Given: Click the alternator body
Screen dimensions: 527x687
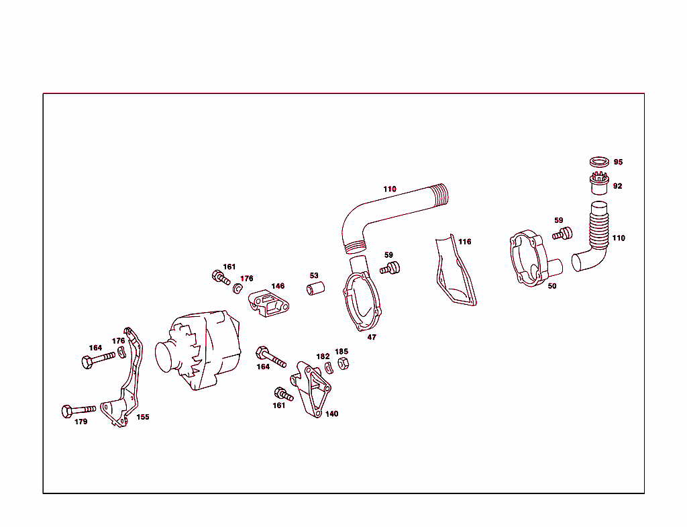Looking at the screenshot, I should click(201, 350).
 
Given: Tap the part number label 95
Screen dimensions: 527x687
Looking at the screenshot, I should click(618, 162).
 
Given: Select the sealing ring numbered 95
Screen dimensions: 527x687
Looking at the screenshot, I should click(599, 162).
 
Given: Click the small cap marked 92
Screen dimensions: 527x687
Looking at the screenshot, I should click(599, 182).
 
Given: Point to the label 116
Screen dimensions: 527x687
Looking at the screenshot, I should click(465, 242).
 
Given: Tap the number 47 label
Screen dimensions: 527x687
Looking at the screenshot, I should click(372, 338).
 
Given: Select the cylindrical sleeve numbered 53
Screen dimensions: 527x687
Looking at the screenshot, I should click(316, 289).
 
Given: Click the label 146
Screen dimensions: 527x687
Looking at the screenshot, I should click(278, 286).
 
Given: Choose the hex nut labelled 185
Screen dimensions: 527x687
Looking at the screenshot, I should click(340, 364).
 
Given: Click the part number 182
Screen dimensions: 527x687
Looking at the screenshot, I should click(323, 356).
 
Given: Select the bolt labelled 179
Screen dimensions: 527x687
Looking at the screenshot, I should click(78, 409).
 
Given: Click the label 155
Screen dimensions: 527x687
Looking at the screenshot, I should click(143, 417).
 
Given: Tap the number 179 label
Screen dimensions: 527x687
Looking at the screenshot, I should click(81, 422).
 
